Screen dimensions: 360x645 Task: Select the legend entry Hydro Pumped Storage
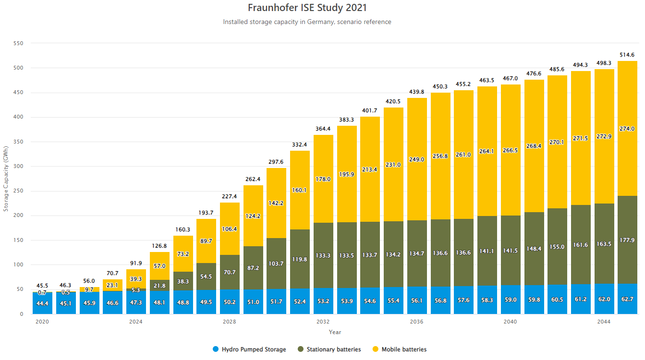pyautogui.click(x=249, y=349)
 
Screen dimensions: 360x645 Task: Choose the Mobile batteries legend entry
pyautogui.click(x=400, y=349)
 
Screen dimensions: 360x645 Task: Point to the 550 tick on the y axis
pyautogui.click(x=18, y=43)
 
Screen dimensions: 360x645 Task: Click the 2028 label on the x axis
pyautogui.click(x=230, y=322)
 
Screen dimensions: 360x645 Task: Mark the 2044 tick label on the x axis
pyautogui.click(x=604, y=322)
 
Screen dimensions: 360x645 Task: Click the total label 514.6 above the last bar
pyautogui.click(x=627, y=55)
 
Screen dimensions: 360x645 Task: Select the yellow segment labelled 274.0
pyautogui.click(x=627, y=129)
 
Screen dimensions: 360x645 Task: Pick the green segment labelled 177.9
pyautogui.click(x=627, y=240)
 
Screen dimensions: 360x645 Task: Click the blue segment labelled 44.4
pyautogui.click(x=42, y=303)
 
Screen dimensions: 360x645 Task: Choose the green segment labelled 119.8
pyautogui.click(x=300, y=259)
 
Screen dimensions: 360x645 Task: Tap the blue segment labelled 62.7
pyautogui.click(x=627, y=299)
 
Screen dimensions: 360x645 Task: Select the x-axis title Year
pyautogui.click(x=335, y=332)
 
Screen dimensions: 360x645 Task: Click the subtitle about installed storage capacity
pyautogui.click(x=307, y=22)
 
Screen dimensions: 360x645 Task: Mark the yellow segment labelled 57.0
pyautogui.click(x=159, y=266)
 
